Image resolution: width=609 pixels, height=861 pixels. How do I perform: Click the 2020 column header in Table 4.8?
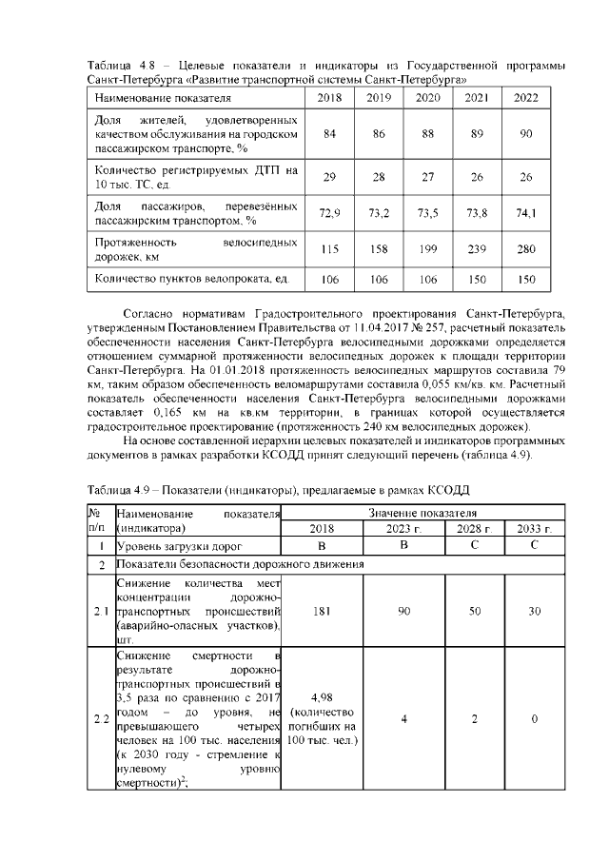[428, 98]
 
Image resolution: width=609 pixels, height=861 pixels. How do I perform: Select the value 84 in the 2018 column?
[329, 133]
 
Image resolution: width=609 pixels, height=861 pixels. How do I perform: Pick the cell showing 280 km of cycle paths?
[525, 249]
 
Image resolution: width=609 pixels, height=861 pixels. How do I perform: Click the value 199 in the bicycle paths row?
[428, 249]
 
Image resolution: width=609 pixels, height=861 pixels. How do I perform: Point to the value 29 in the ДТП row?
[329, 177]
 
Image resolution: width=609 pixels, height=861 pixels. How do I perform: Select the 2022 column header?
[525, 98]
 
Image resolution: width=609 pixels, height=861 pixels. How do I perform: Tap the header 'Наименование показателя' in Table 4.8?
[162, 98]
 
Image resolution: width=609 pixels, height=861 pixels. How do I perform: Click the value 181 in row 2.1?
[322, 610]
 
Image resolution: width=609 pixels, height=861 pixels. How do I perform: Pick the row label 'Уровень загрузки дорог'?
[171, 546]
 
